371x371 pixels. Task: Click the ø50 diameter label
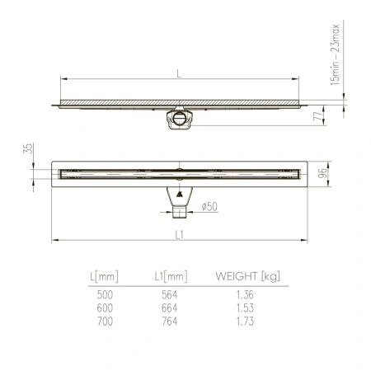point(209,207)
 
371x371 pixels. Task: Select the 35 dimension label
point(28,148)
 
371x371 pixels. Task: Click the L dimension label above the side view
point(178,73)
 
